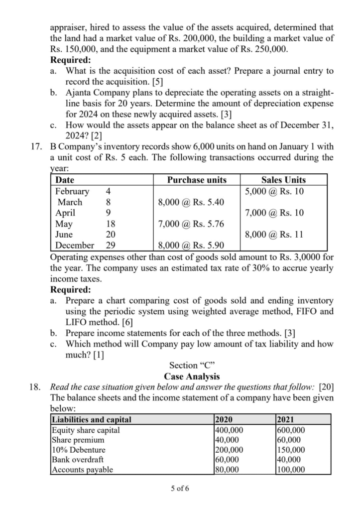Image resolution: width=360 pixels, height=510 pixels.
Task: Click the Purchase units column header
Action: point(197,180)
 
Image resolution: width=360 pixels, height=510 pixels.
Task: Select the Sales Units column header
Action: point(283,180)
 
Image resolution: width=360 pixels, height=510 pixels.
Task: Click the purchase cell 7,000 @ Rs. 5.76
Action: point(191,224)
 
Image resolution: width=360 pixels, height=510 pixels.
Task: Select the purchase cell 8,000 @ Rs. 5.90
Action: point(191,245)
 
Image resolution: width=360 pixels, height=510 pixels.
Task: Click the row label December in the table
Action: point(74,245)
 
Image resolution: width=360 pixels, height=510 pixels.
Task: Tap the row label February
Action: point(72,191)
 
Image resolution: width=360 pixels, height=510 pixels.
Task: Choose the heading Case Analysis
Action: point(192,377)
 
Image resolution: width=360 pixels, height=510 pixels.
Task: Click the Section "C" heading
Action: point(192,366)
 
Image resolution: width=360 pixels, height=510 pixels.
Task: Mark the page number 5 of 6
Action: point(180,488)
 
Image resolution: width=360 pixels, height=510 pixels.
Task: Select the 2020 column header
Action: point(226,419)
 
